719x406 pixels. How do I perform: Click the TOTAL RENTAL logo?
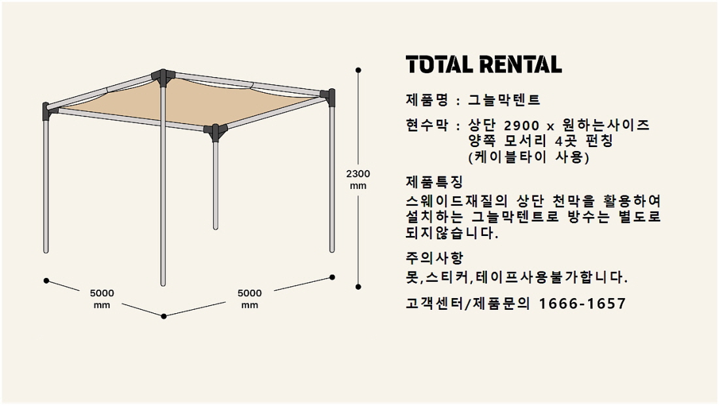(x=484, y=65)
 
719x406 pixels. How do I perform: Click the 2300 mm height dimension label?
(x=358, y=179)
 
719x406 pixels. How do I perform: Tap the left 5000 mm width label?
(x=102, y=299)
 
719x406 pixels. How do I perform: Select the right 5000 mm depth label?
(x=250, y=299)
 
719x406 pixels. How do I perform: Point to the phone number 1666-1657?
(x=582, y=304)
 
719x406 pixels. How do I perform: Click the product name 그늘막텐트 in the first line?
(x=505, y=100)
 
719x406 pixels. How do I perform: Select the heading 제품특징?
(x=434, y=182)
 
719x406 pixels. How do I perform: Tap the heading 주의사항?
(x=434, y=258)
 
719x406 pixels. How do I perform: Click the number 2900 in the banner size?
(x=522, y=126)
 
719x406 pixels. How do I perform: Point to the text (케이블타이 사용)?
(x=529, y=158)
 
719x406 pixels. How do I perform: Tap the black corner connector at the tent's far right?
(x=329, y=96)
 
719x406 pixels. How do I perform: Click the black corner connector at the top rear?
(x=163, y=77)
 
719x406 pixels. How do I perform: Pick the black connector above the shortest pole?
(x=215, y=131)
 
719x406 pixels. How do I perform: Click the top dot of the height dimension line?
(x=358, y=70)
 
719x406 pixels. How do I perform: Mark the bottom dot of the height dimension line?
(x=358, y=287)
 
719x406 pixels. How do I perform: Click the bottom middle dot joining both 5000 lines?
(x=163, y=316)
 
